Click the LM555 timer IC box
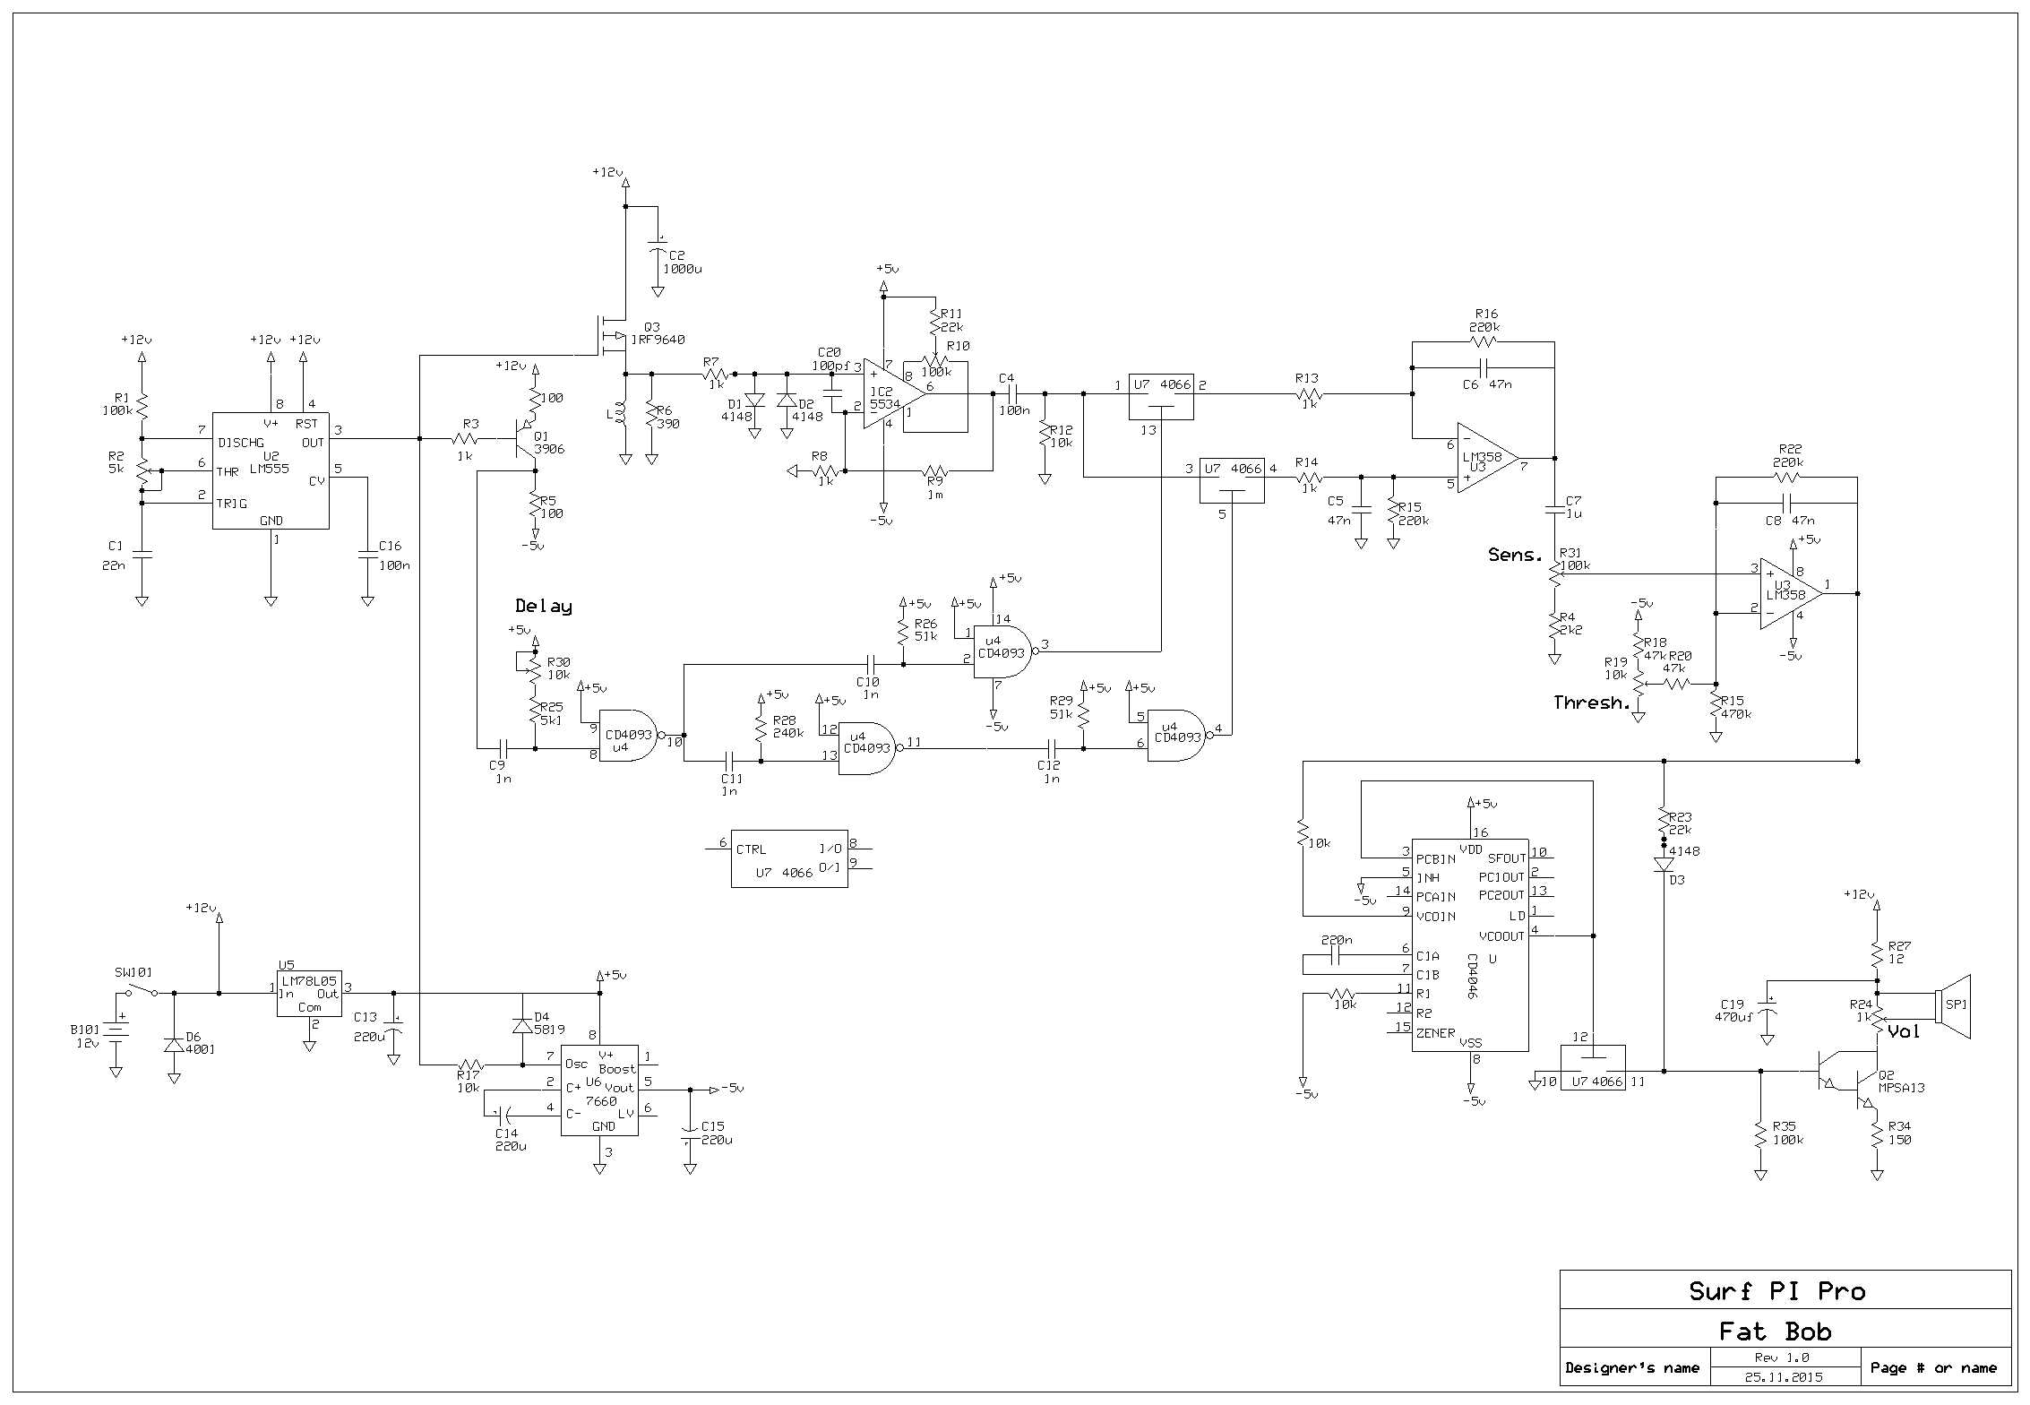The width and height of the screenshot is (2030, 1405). click(271, 470)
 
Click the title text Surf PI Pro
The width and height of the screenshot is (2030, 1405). click(1777, 1291)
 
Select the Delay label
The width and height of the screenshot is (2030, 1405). click(544, 607)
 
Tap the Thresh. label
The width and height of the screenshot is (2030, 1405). click(1591, 703)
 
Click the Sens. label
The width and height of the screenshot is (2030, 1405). click(1516, 555)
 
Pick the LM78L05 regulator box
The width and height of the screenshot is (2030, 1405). click(309, 993)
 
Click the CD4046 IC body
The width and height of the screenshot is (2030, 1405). click(1470, 945)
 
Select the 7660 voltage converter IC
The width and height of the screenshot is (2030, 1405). click(599, 1090)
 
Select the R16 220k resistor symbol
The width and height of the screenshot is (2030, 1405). click(1484, 341)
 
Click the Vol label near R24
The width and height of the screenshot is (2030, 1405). click(1904, 1031)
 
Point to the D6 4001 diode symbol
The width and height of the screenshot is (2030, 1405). click(174, 1045)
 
